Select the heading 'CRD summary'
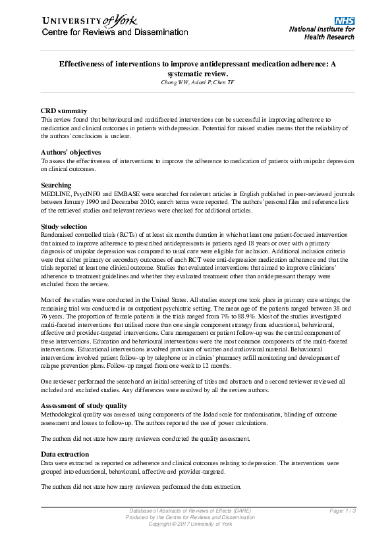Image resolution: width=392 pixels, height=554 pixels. tap(63, 111)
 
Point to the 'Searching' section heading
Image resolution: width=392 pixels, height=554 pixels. tap(56, 186)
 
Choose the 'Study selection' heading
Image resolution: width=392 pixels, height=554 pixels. tap(63, 226)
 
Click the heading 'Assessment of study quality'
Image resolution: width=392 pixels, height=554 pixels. tap(84, 405)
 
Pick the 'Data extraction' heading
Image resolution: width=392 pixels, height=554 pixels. tap(65, 454)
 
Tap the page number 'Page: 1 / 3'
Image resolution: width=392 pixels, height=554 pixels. tap(343, 511)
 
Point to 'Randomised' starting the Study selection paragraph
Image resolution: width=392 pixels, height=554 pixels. tap(57, 235)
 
